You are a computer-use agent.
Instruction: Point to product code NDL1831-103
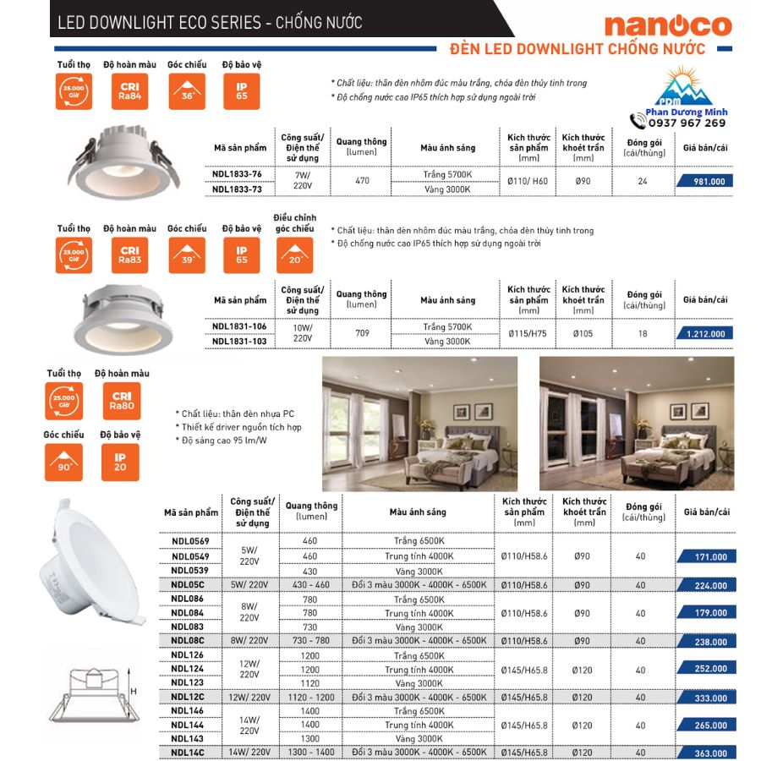(x=239, y=342)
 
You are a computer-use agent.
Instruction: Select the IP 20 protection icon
(x=121, y=460)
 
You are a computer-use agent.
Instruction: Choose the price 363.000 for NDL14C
(x=707, y=753)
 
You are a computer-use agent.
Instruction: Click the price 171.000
(x=707, y=557)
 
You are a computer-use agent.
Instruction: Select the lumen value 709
(x=362, y=334)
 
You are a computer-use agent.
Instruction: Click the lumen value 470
(x=362, y=181)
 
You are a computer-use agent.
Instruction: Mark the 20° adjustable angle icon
(x=293, y=255)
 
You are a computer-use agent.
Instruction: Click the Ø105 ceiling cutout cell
(x=583, y=334)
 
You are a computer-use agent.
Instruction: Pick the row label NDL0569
(x=190, y=541)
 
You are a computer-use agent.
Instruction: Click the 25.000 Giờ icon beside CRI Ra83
(x=74, y=255)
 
